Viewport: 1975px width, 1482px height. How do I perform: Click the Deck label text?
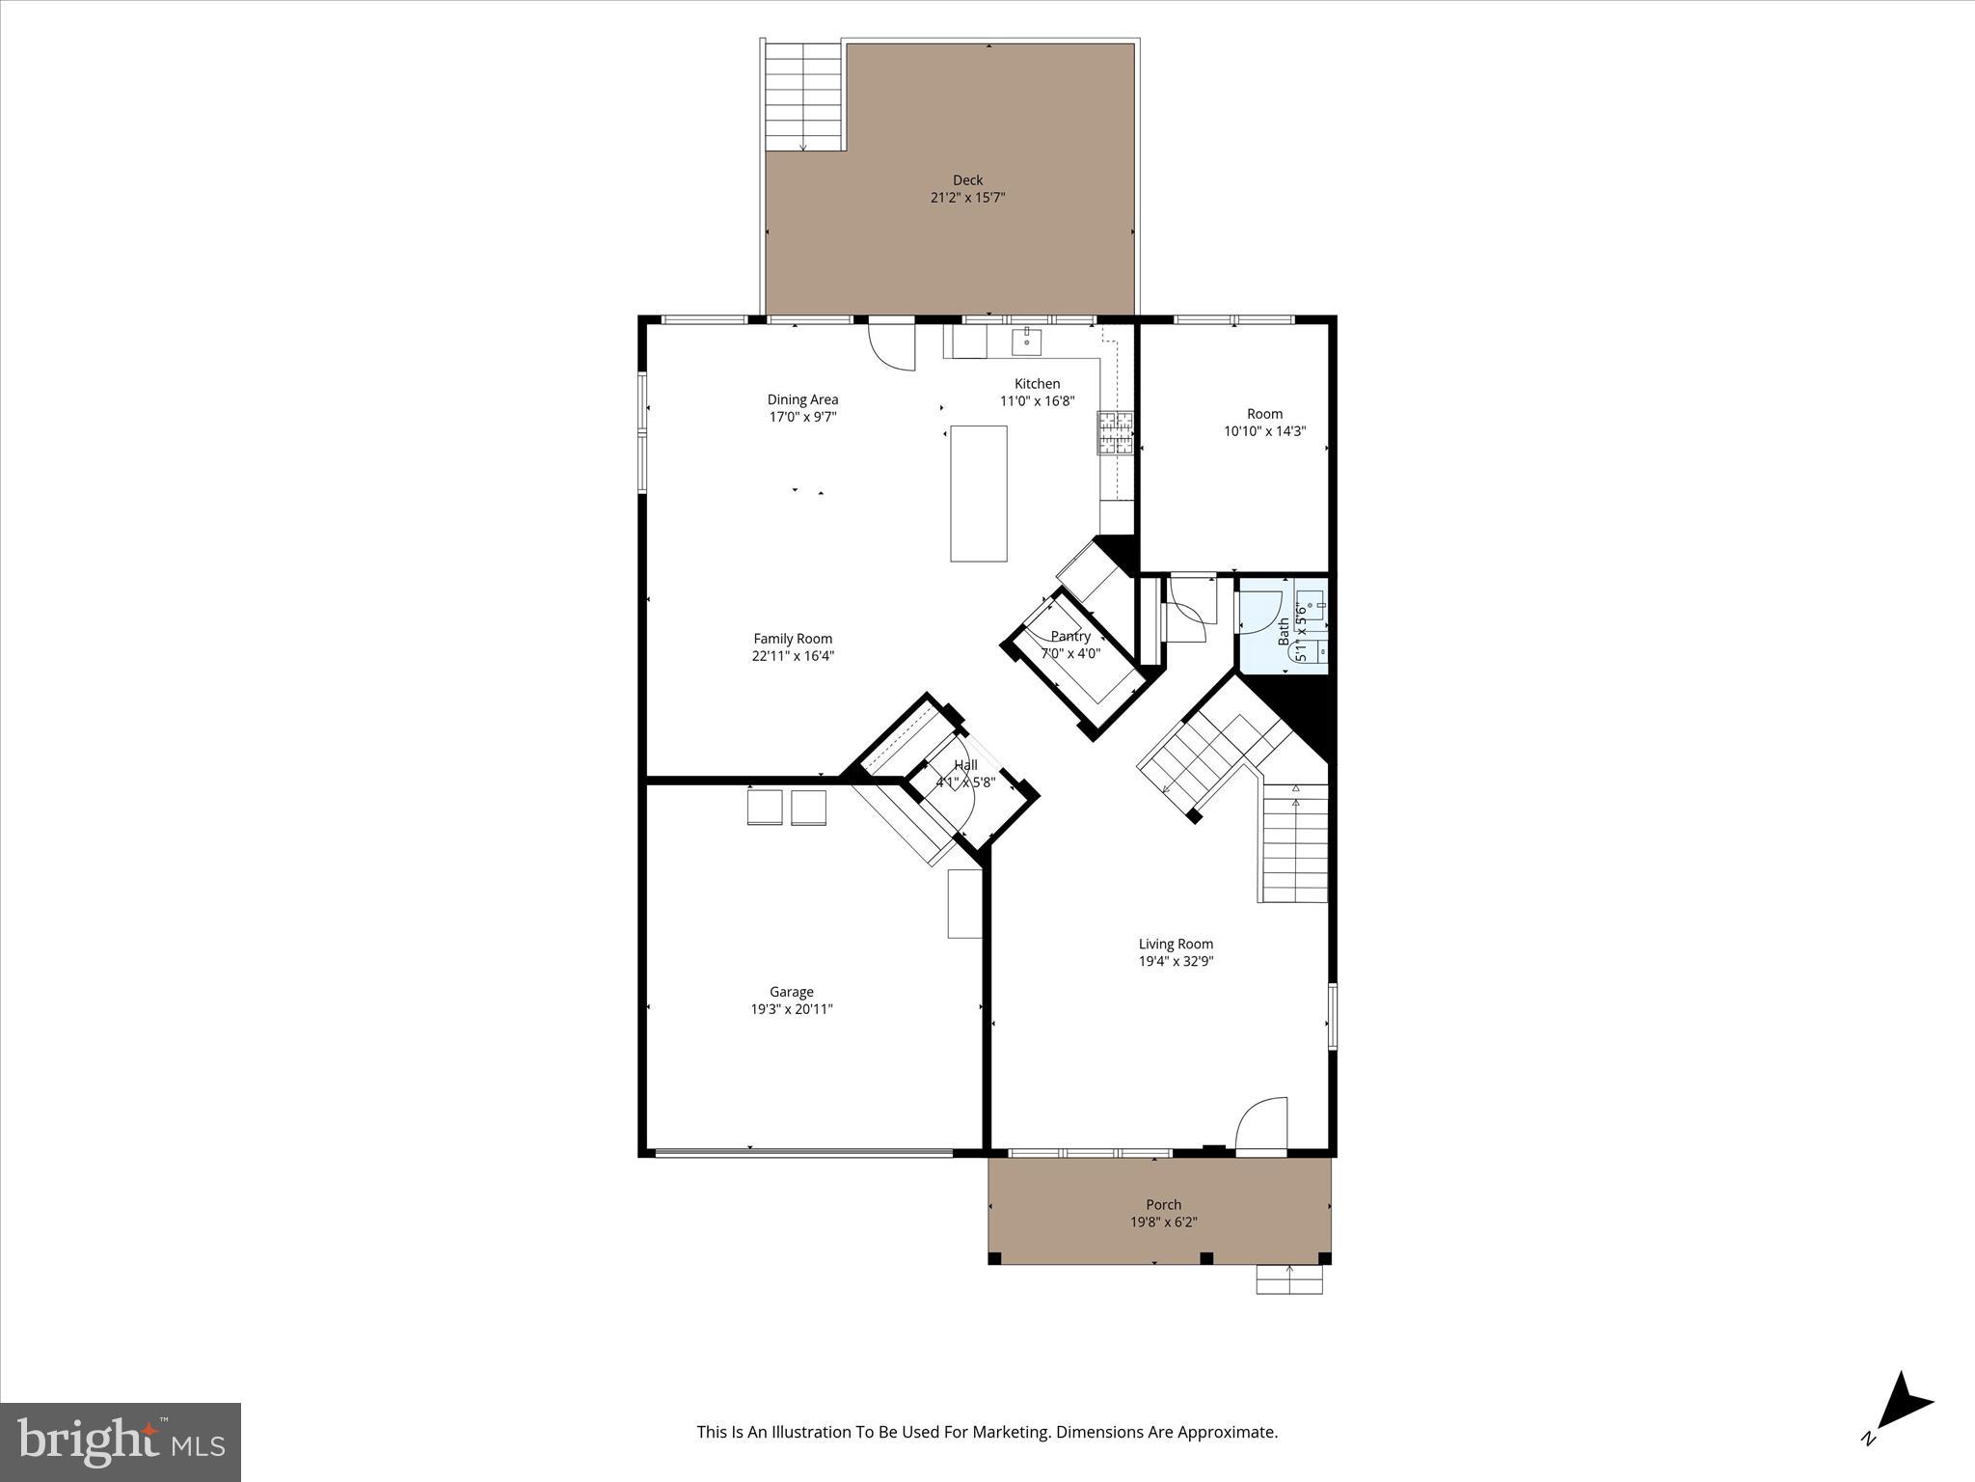(967, 180)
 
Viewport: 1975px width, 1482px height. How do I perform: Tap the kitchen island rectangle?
(978, 493)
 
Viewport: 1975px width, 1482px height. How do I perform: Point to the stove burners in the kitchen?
(1114, 432)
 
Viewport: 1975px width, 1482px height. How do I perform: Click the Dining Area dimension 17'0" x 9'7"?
(802, 417)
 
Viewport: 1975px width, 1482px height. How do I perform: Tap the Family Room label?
(793, 639)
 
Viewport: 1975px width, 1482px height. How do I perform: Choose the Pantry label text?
(1070, 637)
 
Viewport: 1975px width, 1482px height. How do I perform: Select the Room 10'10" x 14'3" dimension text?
(1264, 431)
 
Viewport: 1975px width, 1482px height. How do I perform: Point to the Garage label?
(791, 992)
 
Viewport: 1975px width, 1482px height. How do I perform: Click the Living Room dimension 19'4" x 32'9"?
(1176, 961)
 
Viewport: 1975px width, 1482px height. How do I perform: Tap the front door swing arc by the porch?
(1261, 1124)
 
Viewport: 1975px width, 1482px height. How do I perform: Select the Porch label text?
(1163, 1204)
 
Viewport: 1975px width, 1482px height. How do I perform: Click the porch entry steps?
(1288, 1279)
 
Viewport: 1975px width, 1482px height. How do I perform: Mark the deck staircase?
(802, 96)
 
